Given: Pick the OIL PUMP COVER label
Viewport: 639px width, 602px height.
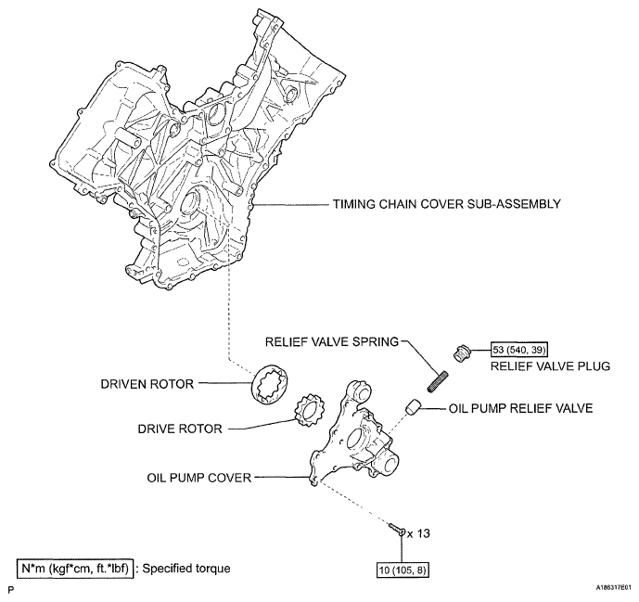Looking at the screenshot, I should point(199,479).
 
